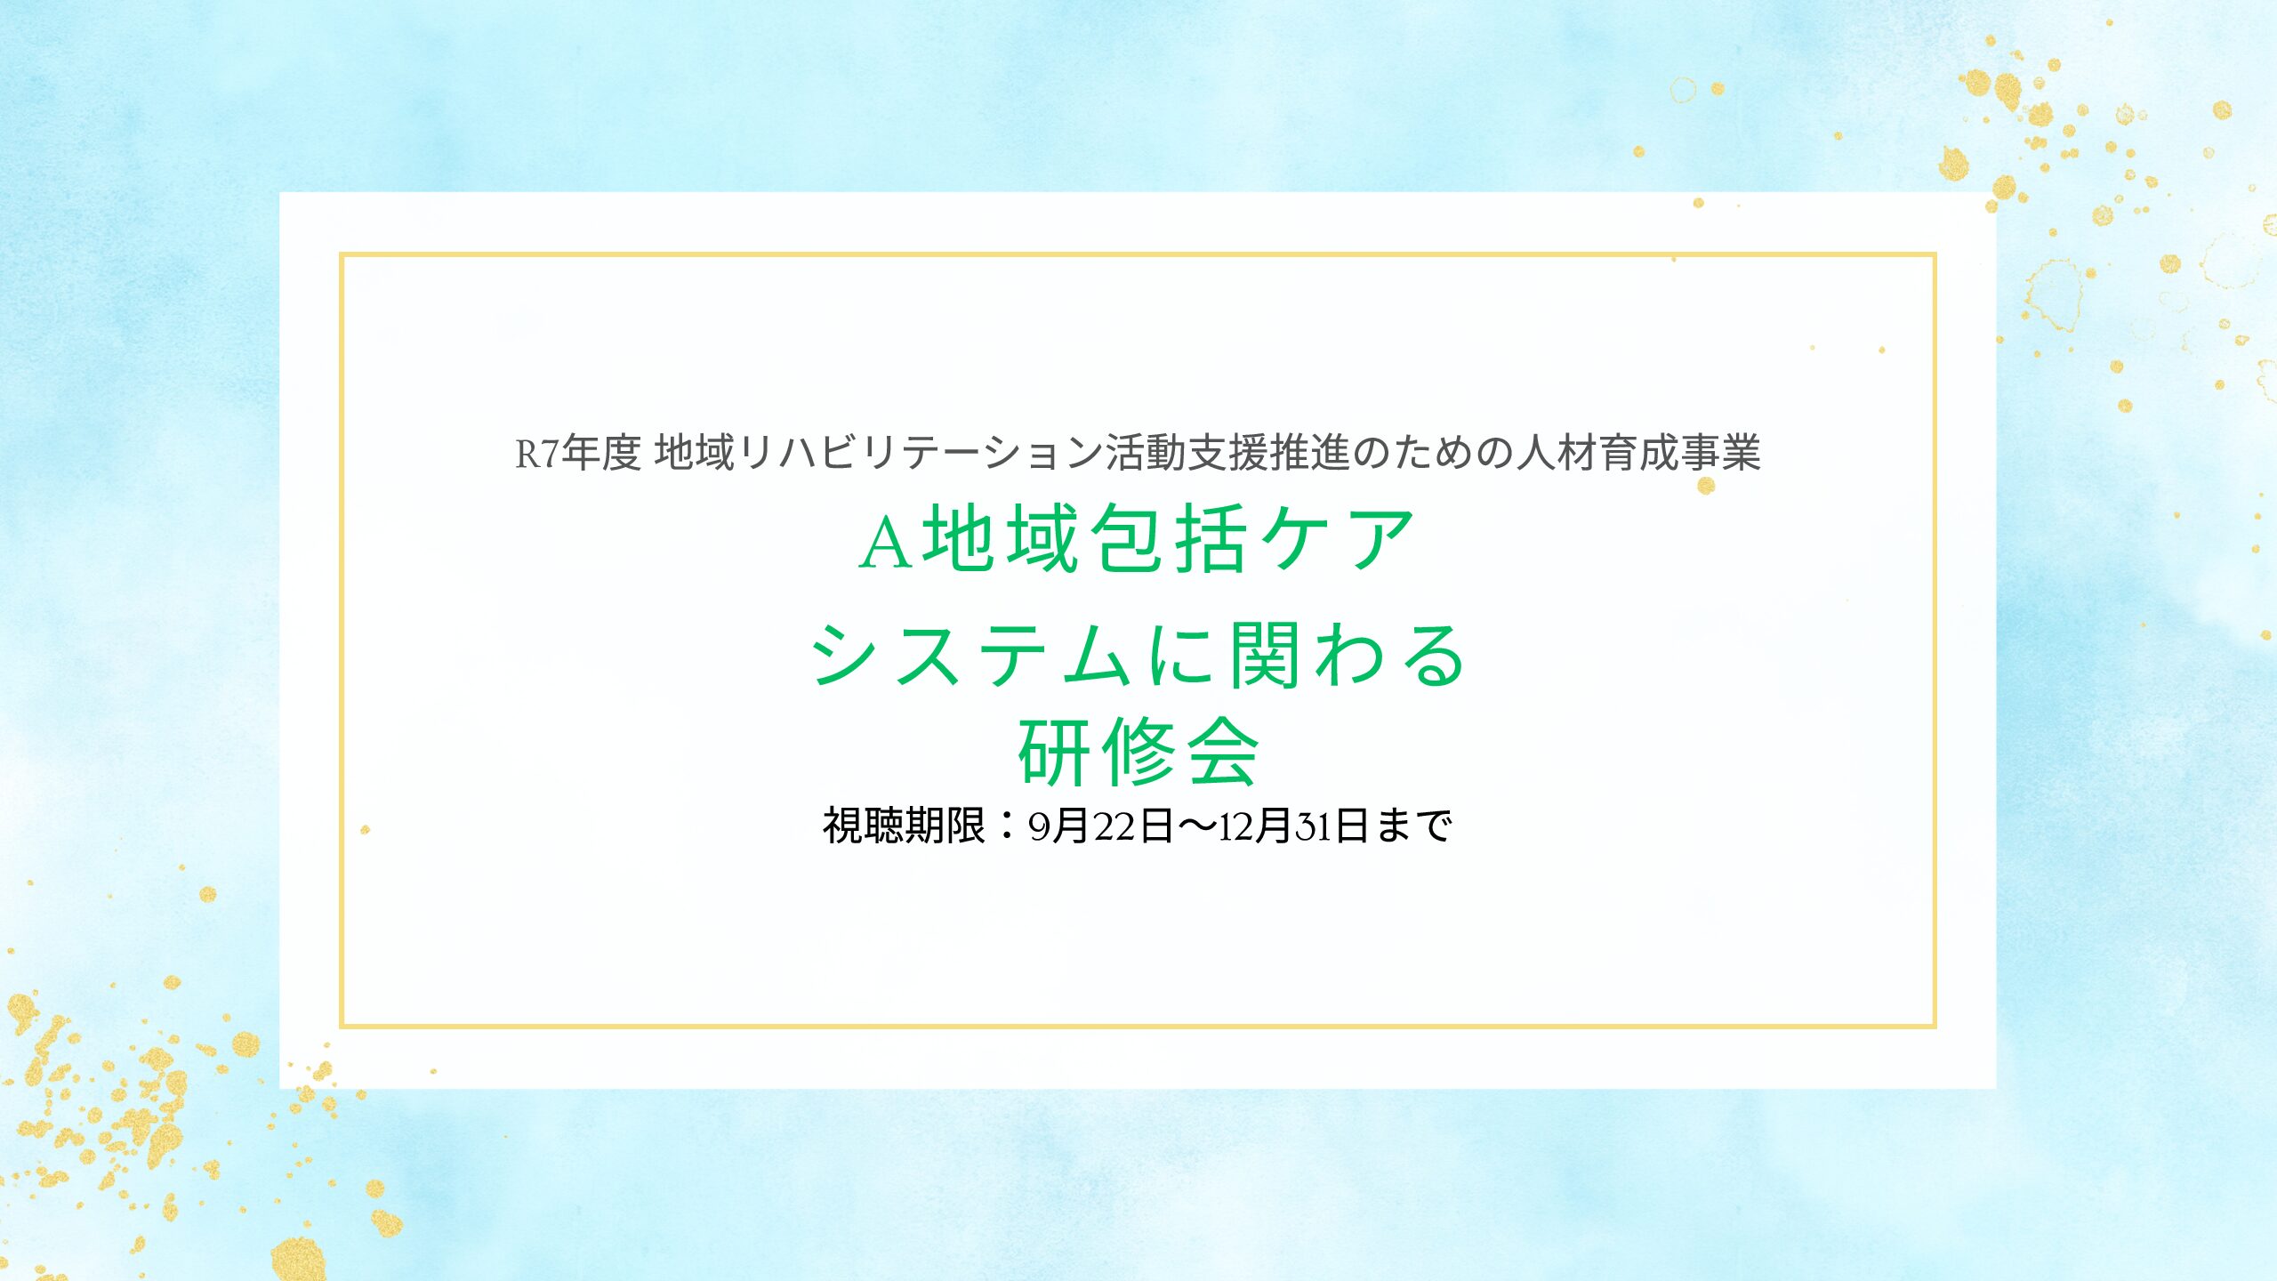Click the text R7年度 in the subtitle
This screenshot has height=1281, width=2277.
click(578, 453)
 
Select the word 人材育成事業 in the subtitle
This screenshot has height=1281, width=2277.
click(1638, 453)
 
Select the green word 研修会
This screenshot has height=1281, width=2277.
click(1138, 753)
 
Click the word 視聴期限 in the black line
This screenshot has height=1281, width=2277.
click(904, 826)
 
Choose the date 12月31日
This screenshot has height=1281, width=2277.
click(1293, 826)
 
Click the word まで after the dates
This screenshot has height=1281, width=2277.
click(1414, 826)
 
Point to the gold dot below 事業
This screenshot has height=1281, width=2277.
click(1706, 486)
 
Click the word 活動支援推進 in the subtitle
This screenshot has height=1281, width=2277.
click(1227, 453)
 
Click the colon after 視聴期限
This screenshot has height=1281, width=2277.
click(1007, 826)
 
